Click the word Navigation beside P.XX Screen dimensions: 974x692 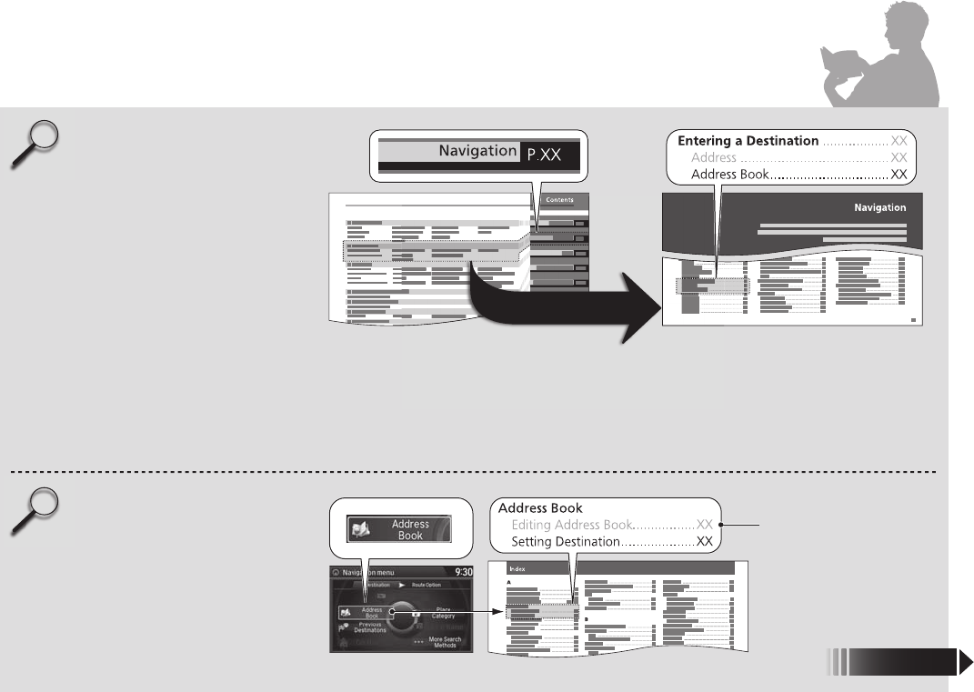[478, 151]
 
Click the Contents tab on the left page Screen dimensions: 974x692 [558, 200]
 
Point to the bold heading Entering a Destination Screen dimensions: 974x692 [748, 141]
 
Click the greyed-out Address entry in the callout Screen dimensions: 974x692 [714, 157]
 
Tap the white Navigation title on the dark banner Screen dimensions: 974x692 [879, 207]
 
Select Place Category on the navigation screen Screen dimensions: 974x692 [443, 612]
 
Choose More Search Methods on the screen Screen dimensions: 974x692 [444, 642]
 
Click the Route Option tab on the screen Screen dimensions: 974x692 [426, 586]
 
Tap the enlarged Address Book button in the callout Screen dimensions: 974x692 [401, 529]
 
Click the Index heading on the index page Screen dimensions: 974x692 [518, 567]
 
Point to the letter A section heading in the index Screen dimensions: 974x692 [508, 582]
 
